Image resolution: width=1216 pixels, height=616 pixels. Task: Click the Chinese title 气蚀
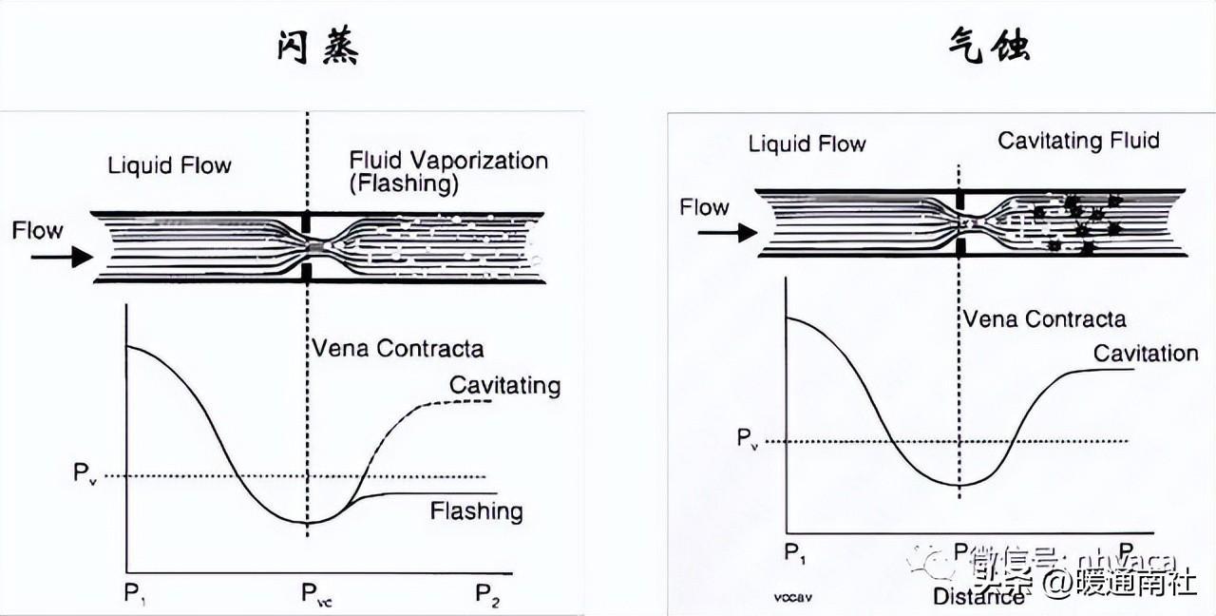tap(989, 46)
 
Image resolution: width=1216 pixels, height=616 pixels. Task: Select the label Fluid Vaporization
tap(448, 160)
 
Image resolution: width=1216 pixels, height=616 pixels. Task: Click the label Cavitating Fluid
tap(1078, 142)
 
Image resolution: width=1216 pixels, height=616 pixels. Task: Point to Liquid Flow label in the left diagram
tap(169, 165)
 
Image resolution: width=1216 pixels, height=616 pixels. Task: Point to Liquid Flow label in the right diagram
tap(807, 144)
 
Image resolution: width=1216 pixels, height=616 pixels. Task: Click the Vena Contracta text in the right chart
tap(1044, 319)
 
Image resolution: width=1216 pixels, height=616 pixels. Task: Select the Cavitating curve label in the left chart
tap(504, 385)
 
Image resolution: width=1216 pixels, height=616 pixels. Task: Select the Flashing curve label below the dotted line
tap(476, 511)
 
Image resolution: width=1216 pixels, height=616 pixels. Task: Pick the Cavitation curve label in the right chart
tap(1145, 354)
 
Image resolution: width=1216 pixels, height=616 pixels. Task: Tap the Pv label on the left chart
tap(85, 473)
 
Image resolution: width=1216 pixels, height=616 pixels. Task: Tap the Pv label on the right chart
tap(750, 439)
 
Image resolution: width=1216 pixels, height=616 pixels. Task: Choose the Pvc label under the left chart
tap(316, 595)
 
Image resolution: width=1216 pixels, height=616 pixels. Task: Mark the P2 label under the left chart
tap(486, 595)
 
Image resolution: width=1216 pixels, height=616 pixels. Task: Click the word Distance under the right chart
tap(978, 596)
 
